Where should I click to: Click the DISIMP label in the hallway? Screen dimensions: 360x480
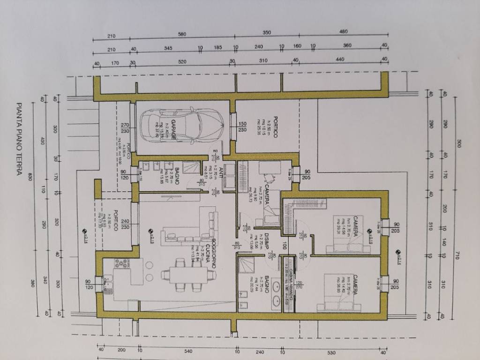click(265, 243)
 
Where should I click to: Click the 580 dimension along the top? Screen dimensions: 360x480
click(182, 34)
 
